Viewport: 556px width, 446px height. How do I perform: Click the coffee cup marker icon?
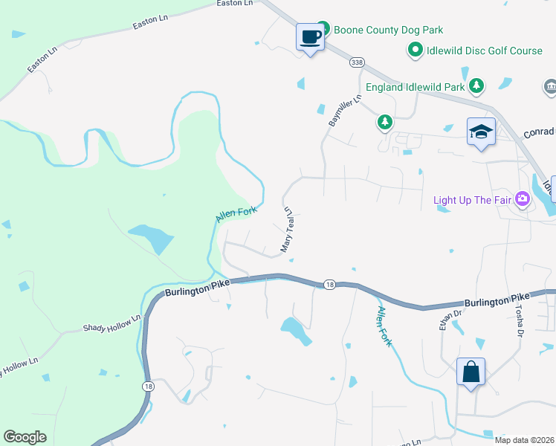[x=311, y=36]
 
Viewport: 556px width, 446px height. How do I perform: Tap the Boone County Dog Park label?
[x=388, y=30]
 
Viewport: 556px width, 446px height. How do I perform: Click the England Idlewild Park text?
[x=415, y=86]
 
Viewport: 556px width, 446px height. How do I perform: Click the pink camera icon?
[x=523, y=198]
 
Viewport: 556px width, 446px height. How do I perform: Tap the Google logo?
[x=25, y=437]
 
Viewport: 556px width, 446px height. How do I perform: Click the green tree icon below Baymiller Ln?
[x=384, y=121]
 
